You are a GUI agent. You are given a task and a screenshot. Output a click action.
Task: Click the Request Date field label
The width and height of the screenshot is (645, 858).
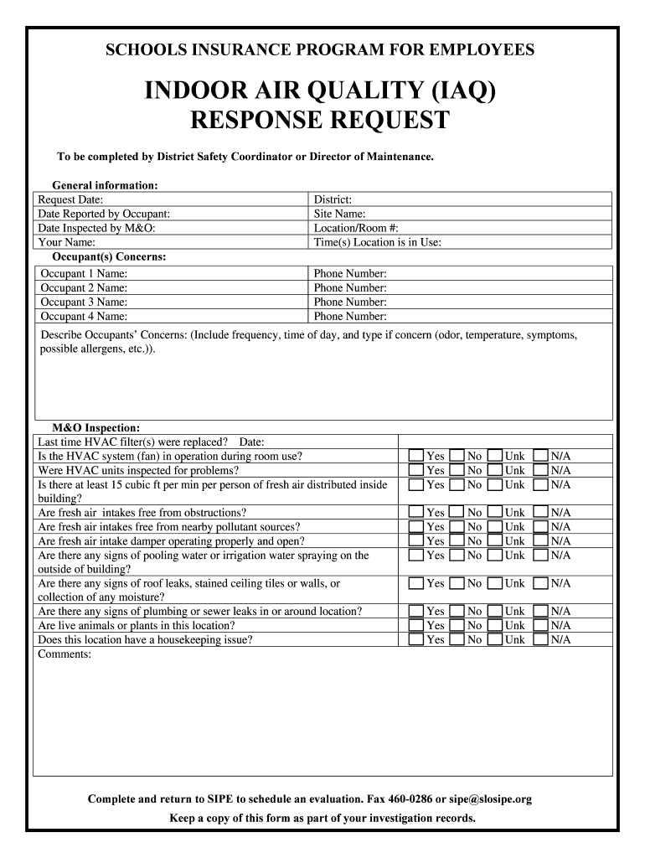pos(71,200)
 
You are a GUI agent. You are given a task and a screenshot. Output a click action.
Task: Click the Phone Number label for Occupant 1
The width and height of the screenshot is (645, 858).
pos(350,274)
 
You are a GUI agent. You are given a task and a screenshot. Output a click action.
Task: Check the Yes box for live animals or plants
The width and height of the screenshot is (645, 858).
pos(416,625)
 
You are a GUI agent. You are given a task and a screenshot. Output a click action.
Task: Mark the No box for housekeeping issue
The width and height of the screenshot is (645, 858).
pos(457,639)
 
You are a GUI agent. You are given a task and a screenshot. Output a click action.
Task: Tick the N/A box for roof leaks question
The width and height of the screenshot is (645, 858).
pos(540,583)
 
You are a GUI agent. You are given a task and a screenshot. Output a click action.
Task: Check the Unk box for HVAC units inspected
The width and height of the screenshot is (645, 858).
pos(495,471)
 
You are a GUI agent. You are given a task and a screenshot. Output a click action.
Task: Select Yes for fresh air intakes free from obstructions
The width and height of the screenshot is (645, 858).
pos(416,513)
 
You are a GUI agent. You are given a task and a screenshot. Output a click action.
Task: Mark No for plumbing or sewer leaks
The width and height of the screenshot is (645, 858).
pos(457,612)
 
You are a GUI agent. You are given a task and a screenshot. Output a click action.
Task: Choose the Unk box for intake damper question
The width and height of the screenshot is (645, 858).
pos(495,541)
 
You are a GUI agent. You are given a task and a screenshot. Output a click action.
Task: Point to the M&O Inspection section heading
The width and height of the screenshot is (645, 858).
pos(90,427)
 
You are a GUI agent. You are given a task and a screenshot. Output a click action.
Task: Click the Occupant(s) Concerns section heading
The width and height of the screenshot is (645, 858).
pos(109,256)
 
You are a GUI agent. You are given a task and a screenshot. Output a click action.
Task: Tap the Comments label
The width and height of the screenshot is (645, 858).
pos(65,654)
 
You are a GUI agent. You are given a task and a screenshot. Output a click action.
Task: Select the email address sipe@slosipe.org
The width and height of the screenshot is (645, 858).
pos(483,799)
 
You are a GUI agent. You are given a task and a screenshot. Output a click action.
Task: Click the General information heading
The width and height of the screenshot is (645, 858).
pos(105,185)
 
